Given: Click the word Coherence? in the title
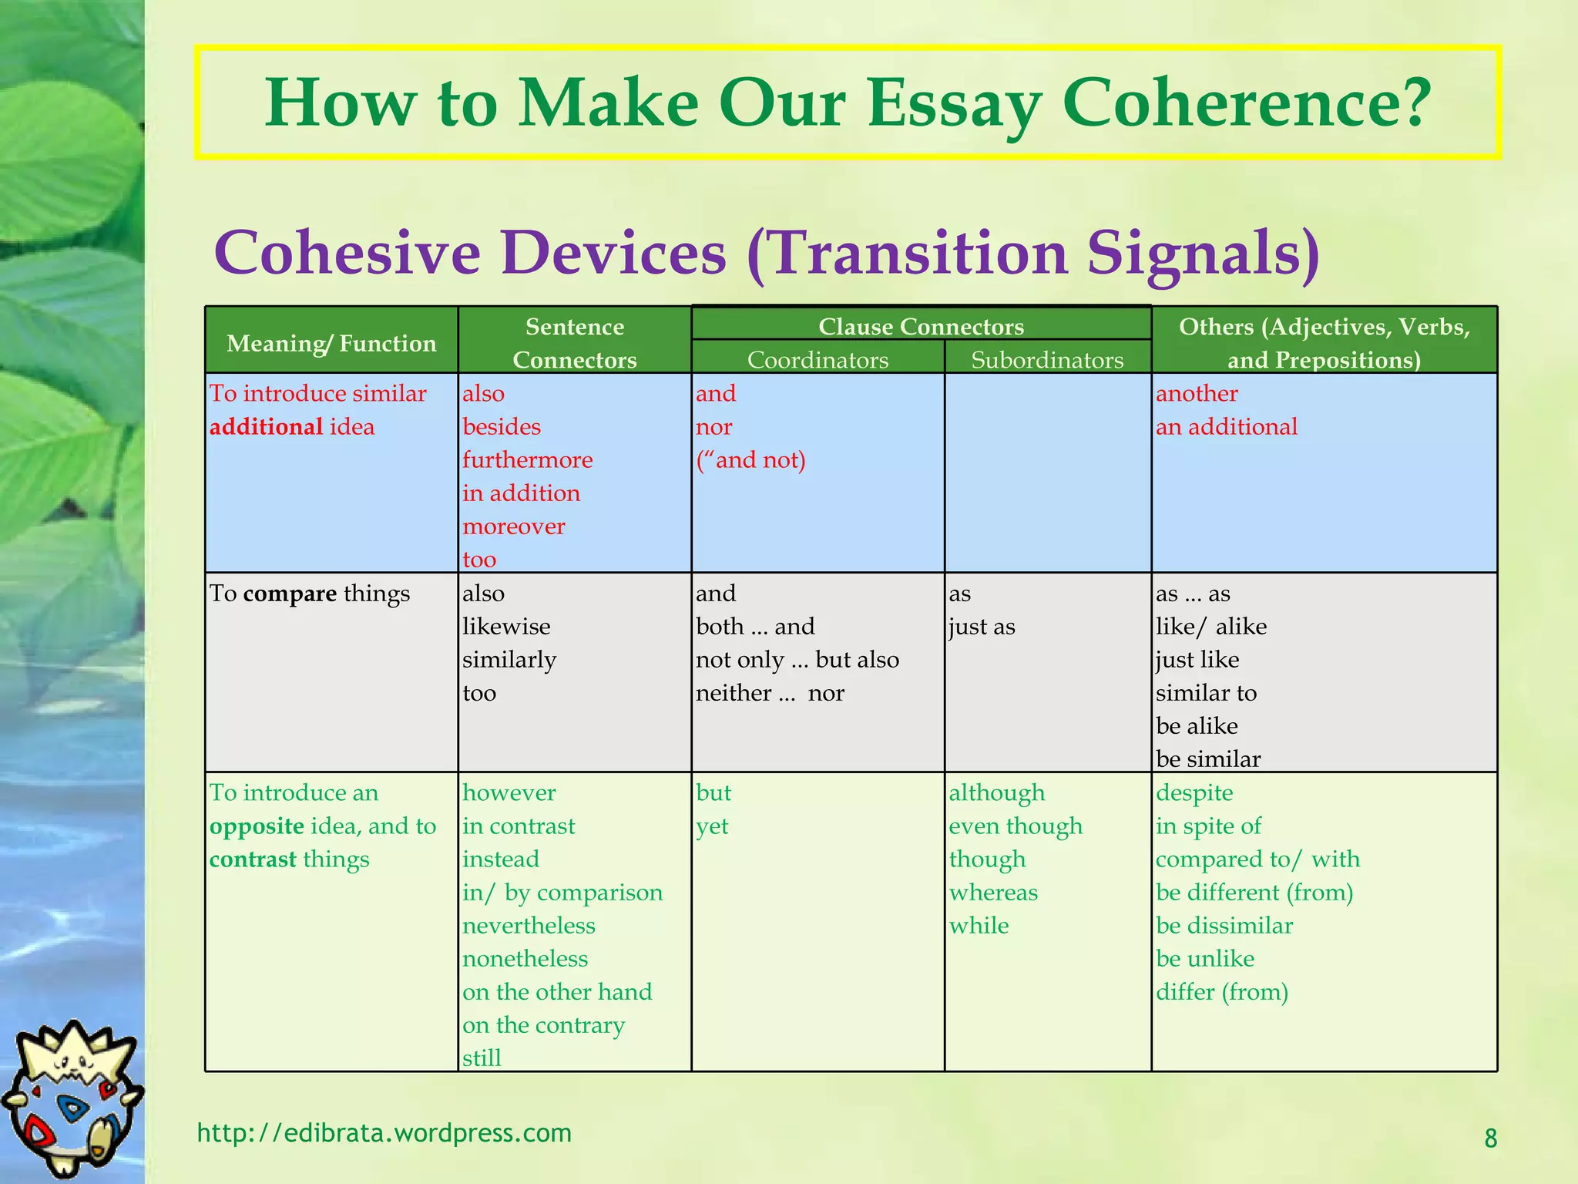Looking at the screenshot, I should pyautogui.click(x=1246, y=103).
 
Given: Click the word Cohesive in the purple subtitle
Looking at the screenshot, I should pyautogui.click(x=347, y=253).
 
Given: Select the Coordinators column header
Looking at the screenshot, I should pyautogui.click(x=818, y=360).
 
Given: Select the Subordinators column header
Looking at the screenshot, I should pyautogui.click(x=1047, y=360).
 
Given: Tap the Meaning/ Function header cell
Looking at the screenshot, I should pyautogui.click(x=331, y=343).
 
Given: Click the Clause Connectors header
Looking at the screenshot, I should pyautogui.click(x=921, y=326).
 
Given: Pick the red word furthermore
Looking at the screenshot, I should pyautogui.click(x=528, y=460).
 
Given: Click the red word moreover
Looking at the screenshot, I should pyautogui.click(x=514, y=526).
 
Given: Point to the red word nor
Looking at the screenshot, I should pyautogui.click(x=713, y=427).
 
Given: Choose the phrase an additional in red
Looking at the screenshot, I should pyautogui.click(x=1226, y=427).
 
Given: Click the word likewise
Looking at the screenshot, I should pyautogui.click(x=506, y=627).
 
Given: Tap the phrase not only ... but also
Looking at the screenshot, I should pyautogui.click(x=797, y=660).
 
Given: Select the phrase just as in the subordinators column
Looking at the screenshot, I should pyautogui.click(x=982, y=627).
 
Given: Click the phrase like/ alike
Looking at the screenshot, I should pyautogui.click(x=1210, y=627).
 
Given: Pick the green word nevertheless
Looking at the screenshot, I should pyautogui.click(x=529, y=926).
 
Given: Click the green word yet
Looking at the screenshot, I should pyautogui.click(x=712, y=826).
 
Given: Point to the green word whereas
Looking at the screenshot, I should pyautogui.click(x=993, y=893).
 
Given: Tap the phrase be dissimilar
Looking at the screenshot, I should pyautogui.click(x=1224, y=926).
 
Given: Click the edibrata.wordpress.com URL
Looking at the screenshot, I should pyautogui.click(x=384, y=1133).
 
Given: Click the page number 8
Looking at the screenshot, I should pyautogui.click(x=1490, y=1139).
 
